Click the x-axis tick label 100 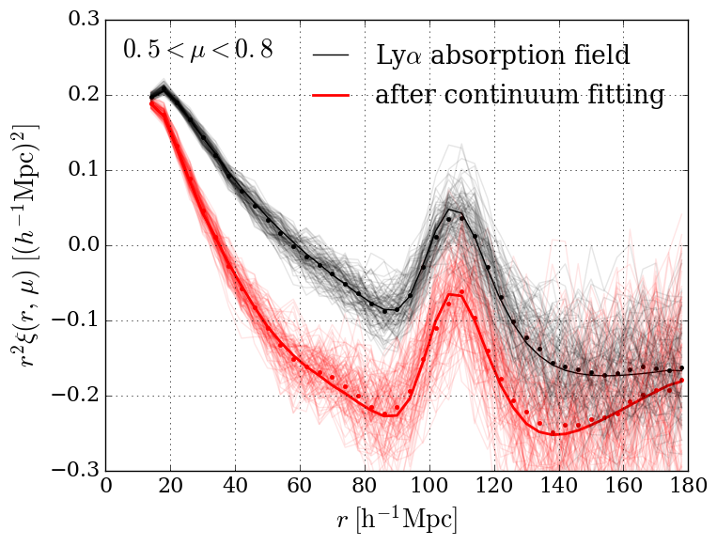click(x=429, y=489)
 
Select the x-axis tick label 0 click(x=106, y=489)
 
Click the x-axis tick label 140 click(x=557, y=489)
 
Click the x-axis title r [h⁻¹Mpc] click(x=397, y=520)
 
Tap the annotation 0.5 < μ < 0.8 click(x=198, y=50)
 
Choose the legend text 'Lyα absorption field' click(x=502, y=55)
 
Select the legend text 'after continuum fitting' click(x=520, y=95)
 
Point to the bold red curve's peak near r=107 click(x=451, y=294)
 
